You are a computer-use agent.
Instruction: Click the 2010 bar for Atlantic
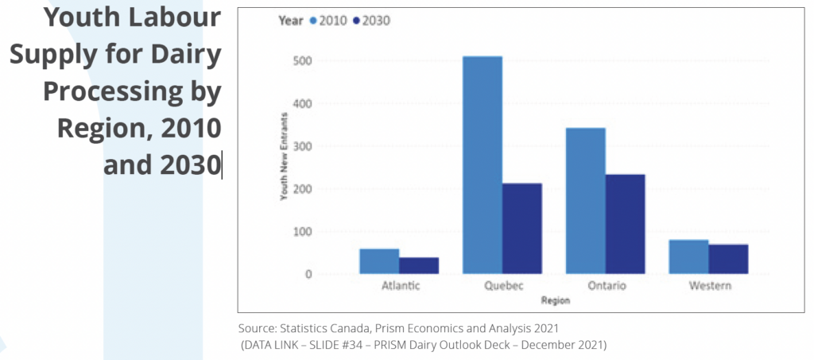[379, 261]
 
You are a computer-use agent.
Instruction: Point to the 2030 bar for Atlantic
[419, 265]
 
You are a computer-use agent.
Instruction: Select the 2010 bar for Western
[688, 257]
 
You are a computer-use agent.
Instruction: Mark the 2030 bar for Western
[728, 259]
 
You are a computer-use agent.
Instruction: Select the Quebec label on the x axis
[502, 287]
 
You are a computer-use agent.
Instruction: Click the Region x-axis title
[554, 301]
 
